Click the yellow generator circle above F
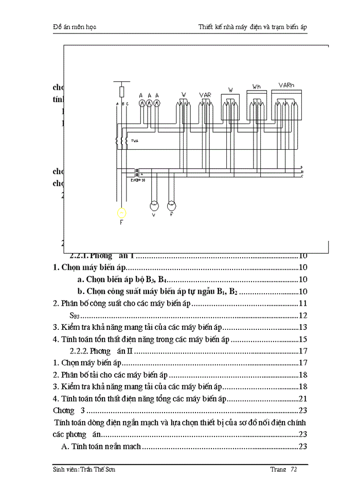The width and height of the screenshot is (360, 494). (x=121, y=212)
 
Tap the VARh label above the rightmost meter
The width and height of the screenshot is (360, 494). (x=286, y=85)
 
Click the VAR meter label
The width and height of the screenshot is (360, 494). (x=205, y=95)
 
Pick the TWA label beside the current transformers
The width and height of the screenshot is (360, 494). (x=135, y=140)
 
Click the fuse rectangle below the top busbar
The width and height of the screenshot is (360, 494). (x=121, y=92)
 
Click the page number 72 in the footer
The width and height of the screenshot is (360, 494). (x=294, y=470)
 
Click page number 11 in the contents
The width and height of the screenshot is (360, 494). (x=303, y=304)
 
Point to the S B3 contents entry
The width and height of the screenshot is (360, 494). (x=75, y=315)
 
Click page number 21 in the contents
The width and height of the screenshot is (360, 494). (x=303, y=399)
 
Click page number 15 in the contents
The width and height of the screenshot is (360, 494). (x=303, y=339)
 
